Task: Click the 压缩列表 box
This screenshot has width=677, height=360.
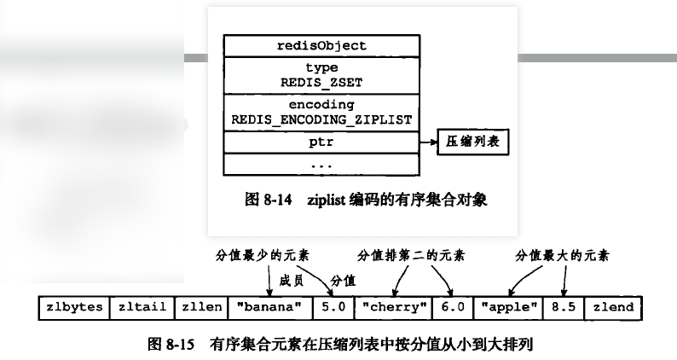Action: pos(473,142)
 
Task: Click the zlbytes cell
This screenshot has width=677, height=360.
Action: pos(76,307)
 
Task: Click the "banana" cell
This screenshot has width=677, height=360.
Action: pos(269,307)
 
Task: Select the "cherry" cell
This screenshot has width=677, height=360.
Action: pos(391,307)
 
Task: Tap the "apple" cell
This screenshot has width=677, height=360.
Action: pos(509,307)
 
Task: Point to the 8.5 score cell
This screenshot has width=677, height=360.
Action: pos(564,307)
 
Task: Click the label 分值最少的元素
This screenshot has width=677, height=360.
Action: pos(257,255)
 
